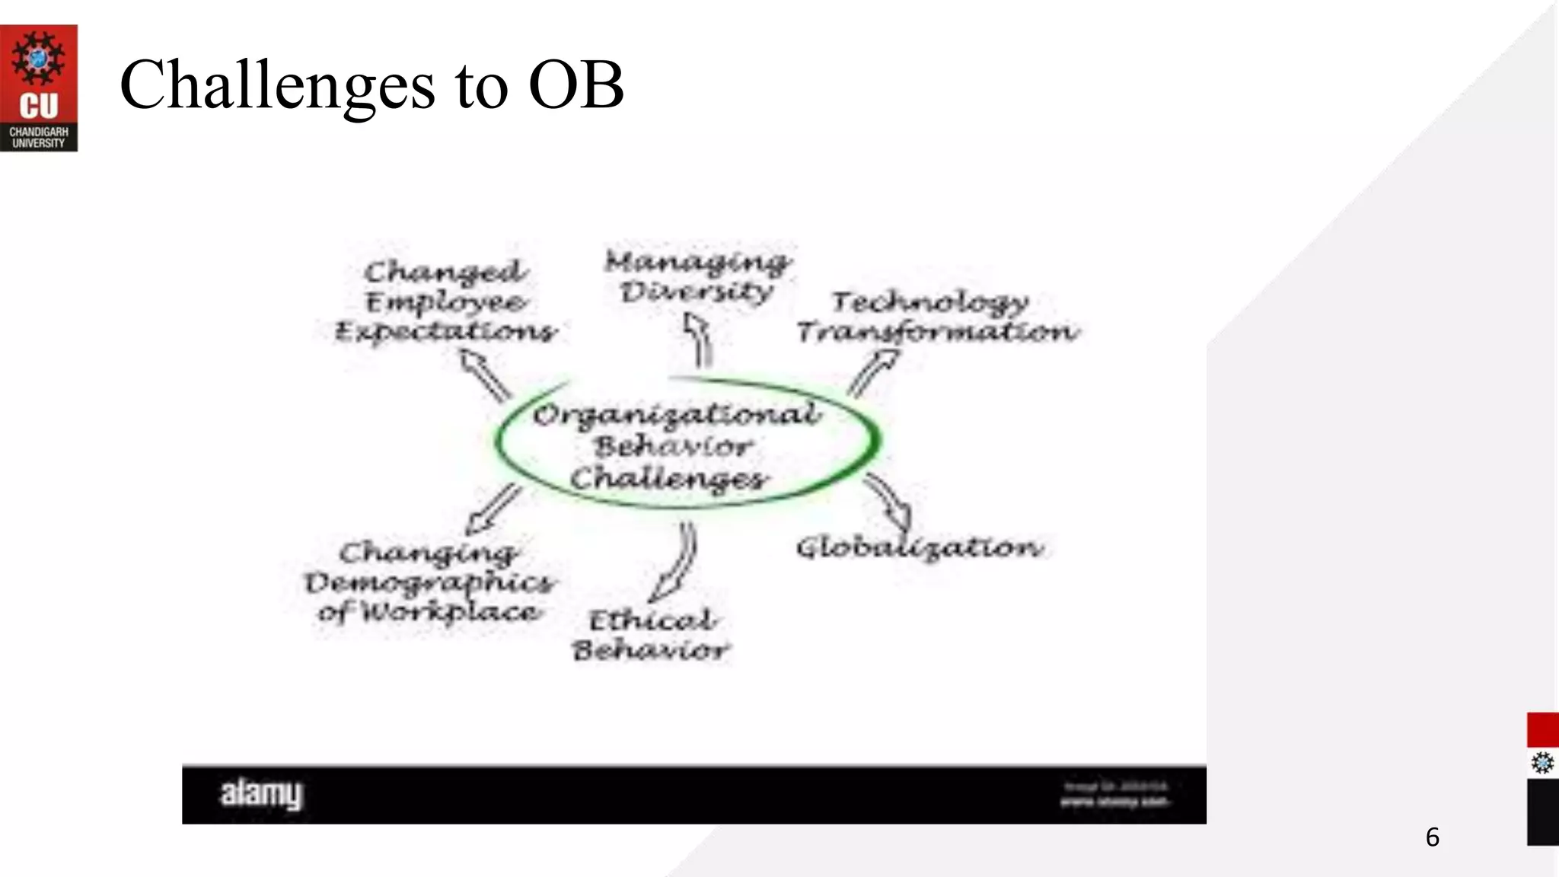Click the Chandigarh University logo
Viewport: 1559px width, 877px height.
39,88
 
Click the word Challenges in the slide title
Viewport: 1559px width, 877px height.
277,85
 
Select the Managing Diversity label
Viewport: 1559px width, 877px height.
697,276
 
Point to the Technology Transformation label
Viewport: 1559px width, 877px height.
937,317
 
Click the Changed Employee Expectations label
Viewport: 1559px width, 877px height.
446,301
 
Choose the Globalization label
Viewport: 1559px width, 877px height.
920,548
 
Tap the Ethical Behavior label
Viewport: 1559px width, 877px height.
652,635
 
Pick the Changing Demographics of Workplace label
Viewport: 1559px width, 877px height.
430,582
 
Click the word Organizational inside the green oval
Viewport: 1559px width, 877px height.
677,415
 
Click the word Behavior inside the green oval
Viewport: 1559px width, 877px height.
674,446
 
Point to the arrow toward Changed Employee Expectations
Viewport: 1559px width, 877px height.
485,374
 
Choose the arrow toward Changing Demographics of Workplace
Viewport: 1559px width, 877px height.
494,509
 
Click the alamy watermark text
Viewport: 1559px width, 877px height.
261,794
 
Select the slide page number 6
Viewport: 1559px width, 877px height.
1432,837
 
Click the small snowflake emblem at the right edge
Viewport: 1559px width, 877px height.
1542,763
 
